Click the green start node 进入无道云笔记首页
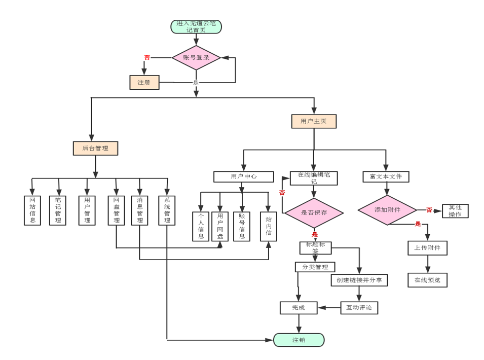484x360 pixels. click(x=196, y=26)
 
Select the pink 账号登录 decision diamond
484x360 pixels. click(x=196, y=58)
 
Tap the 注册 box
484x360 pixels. click(x=144, y=82)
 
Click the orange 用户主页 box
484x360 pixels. click(x=314, y=121)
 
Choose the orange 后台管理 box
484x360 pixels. click(x=95, y=148)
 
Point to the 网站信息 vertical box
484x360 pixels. click(x=32, y=210)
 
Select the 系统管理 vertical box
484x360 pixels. click(x=167, y=210)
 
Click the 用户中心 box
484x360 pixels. click(x=243, y=176)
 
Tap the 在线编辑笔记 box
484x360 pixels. click(x=314, y=178)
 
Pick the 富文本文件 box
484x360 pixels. click(x=386, y=176)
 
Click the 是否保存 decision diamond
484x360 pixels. click(x=314, y=212)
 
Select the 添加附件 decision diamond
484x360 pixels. click(x=387, y=210)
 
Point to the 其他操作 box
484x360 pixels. click(x=455, y=211)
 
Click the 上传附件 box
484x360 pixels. click(x=427, y=248)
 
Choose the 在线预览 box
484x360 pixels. click(x=427, y=280)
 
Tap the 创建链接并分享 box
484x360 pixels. click(x=359, y=280)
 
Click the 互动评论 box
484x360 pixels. click(x=359, y=307)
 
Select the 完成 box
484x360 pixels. click(x=299, y=307)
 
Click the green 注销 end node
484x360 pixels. click(x=299, y=340)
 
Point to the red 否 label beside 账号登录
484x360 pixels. click(x=147, y=57)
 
